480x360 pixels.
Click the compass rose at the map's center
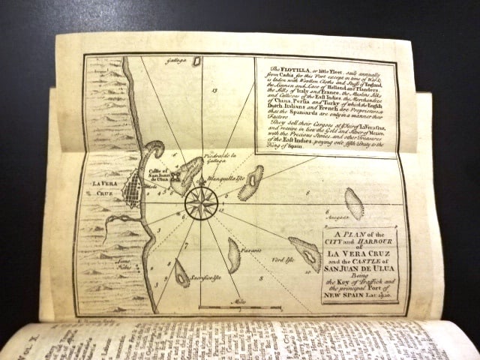tap(201, 202)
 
